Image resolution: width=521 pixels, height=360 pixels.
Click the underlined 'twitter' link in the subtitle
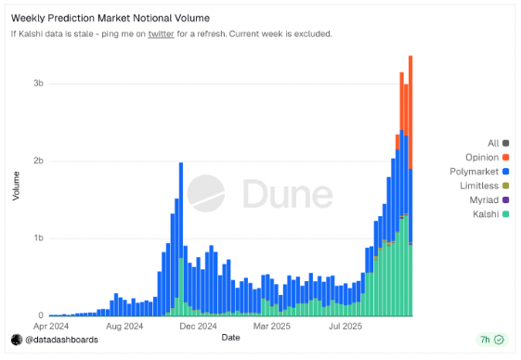pos(161,34)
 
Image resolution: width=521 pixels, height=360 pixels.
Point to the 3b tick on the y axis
pos(38,84)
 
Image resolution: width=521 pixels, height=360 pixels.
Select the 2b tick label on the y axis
pos(38,161)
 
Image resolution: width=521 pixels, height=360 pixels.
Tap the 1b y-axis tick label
pos(38,238)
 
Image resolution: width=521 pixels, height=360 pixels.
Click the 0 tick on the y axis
pos(40,315)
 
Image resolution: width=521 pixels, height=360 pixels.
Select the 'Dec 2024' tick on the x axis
pos(197,327)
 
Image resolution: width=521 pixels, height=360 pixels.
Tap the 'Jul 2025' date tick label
pos(345,327)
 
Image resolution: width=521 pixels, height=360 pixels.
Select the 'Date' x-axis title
pos(230,338)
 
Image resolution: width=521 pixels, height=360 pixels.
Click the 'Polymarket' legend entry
pos(476,172)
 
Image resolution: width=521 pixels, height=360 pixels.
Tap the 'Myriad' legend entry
pos(484,200)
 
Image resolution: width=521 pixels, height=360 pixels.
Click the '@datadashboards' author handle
pos(61,341)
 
